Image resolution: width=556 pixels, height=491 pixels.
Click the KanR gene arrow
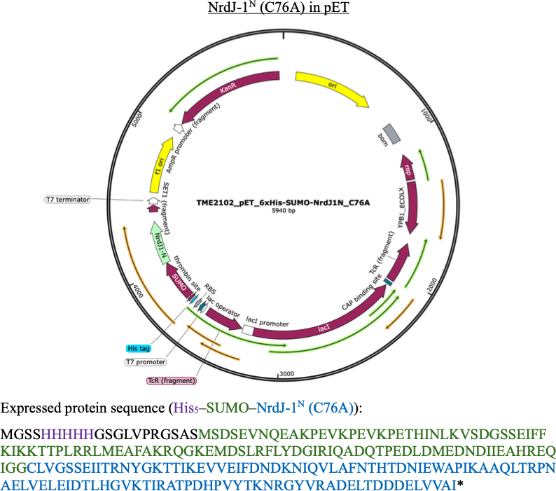point(227,90)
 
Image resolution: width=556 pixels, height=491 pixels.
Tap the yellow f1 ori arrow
point(159,166)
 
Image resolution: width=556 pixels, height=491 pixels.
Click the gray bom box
point(391,134)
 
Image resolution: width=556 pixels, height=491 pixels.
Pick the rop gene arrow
point(408,167)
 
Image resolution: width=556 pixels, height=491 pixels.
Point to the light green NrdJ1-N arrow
point(158,242)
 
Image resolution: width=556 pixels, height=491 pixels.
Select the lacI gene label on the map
point(324,329)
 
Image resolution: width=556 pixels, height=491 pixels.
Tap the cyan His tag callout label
point(138,348)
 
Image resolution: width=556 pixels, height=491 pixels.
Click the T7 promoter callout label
point(146,362)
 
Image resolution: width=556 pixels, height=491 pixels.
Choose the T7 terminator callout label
point(67,200)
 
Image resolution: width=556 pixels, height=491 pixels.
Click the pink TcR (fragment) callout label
point(172,380)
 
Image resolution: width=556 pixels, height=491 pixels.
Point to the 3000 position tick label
point(287,373)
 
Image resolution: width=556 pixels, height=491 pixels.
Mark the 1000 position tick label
point(426,115)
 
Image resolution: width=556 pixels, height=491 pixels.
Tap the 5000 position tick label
point(137,120)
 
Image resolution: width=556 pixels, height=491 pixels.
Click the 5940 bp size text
point(284,211)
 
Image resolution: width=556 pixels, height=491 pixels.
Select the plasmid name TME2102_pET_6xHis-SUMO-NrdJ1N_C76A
point(283,202)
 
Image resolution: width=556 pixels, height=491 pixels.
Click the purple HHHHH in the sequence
point(68,434)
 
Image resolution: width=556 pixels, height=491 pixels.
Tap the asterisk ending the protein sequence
point(460,483)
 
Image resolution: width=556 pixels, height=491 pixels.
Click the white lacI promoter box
point(247,330)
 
